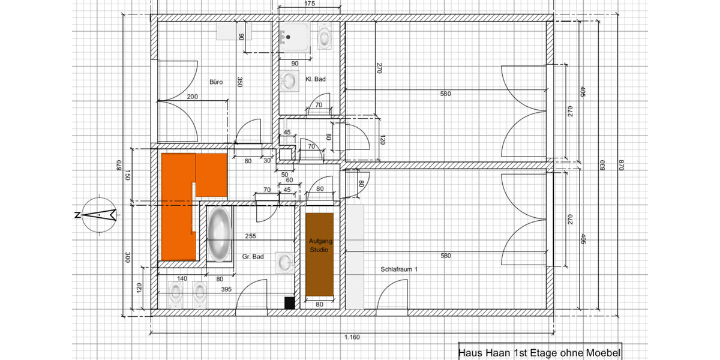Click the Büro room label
click(216, 82)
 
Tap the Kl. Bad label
click(316, 79)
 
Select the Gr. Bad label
click(253, 257)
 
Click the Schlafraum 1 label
click(399, 269)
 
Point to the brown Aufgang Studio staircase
click(319, 254)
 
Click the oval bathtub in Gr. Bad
click(219, 233)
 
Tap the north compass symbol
click(99, 215)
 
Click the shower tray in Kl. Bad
click(295, 37)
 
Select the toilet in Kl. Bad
click(325, 37)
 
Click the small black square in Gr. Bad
click(290, 303)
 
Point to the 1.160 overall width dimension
click(352, 337)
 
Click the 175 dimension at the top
click(310, 4)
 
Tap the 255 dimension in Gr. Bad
click(250, 236)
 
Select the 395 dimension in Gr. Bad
click(226, 289)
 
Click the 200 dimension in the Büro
click(192, 97)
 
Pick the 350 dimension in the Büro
click(240, 82)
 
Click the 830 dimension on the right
click(602, 165)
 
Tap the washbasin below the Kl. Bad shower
click(289, 80)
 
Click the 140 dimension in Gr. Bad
click(182, 278)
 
